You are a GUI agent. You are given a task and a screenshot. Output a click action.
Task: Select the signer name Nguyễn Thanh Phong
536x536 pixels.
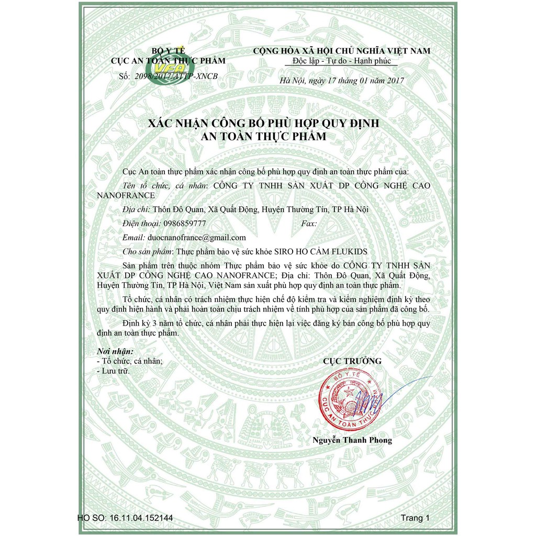(x=352, y=440)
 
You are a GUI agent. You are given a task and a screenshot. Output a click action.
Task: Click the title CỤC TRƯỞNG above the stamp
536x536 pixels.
(x=352, y=361)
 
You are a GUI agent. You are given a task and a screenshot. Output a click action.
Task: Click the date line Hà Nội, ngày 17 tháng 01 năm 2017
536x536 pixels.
(x=342, y=80)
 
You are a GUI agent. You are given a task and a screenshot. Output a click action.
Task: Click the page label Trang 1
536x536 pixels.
(x=415, y=518)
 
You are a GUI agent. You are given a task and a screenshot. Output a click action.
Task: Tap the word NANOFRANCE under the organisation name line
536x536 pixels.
(x=126, y=195)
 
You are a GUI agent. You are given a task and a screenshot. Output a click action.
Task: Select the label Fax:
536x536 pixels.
(x=310, y=223)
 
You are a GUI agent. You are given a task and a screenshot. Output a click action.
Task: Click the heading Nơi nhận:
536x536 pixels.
(x=115, y=351)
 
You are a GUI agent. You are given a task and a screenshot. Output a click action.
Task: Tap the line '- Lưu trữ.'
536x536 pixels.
(x=113, y=371)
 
